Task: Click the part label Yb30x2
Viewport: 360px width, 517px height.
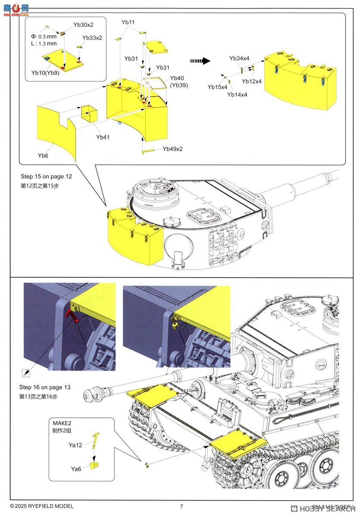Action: (83, 25)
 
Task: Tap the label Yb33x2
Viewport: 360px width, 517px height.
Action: (91, 38)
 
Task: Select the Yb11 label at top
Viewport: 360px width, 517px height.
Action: (128, 22)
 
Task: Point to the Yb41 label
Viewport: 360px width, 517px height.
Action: (103, 137)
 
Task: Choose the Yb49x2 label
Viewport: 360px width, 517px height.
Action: (172, 149)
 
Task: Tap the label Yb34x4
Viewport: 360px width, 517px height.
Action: (239, 58)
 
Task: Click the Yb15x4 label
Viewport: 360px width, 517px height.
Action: (217, 87)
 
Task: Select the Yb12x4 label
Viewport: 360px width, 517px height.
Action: (252, 81)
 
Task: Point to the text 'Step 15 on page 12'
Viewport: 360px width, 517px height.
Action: (46, 177)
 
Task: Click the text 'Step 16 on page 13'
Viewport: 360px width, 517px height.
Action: (45, 387)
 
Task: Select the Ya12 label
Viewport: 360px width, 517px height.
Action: (75, 445)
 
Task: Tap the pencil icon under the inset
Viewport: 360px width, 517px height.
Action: (25, 372)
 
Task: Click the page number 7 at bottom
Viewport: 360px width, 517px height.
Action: (182, 506)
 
